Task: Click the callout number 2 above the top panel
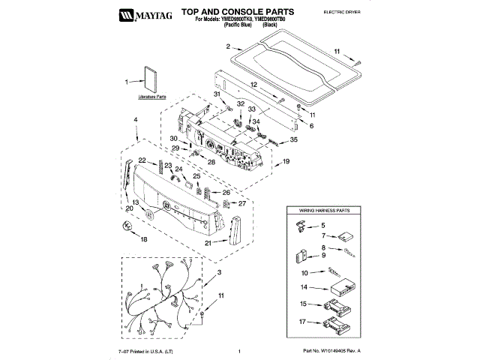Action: (x=227, y=46)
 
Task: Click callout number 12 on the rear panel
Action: (x=253, y=85)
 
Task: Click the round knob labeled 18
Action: (x=121, y=226)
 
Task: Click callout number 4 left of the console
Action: (x=136, y=120)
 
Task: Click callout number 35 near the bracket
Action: (x=293, y=139)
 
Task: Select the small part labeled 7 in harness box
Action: (x=345, y=238)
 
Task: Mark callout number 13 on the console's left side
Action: (x=134, y=203)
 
